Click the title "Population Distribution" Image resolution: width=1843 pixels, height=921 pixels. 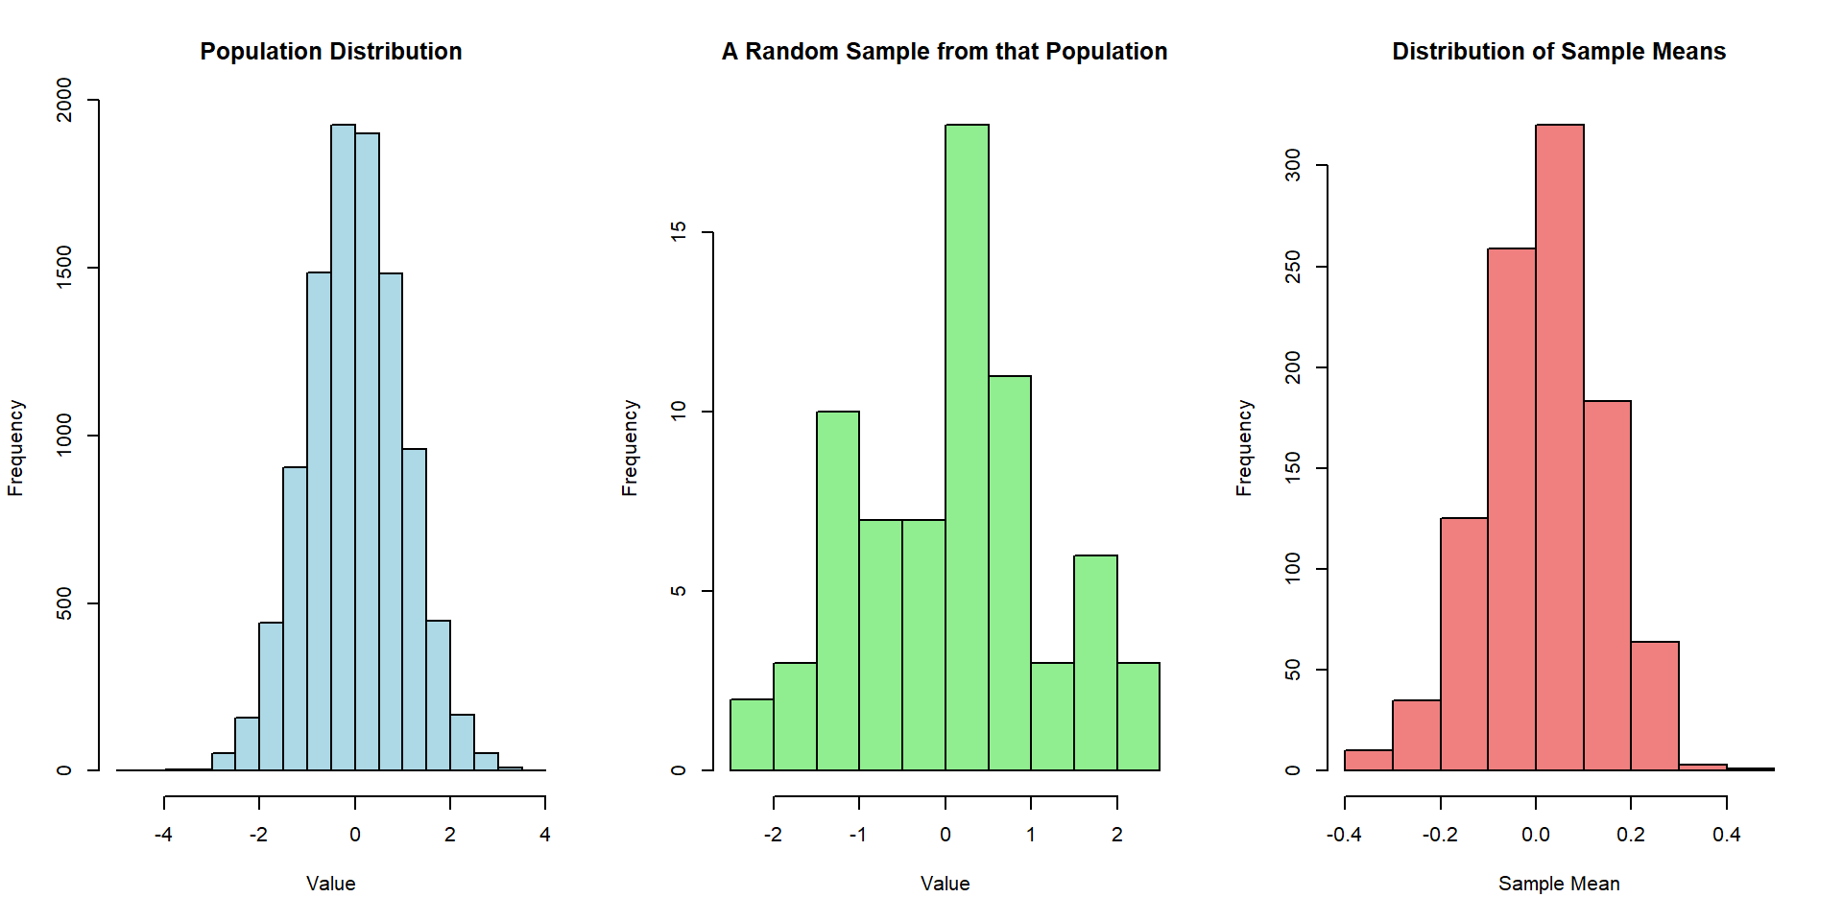(330, 51)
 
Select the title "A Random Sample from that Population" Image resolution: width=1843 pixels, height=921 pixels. (945, 51)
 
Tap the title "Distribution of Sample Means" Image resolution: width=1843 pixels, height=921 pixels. (1559, 51)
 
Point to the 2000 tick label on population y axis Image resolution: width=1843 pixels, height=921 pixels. (64, 100)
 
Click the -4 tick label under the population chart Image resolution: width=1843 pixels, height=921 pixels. (163, 835)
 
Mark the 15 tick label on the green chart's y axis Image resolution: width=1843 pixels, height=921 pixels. (679, 232)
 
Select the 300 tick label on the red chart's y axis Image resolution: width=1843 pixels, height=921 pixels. (1293, 165)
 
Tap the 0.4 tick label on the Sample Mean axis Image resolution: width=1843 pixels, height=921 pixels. (1726, 835)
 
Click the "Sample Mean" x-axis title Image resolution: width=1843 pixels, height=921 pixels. (1559, 884)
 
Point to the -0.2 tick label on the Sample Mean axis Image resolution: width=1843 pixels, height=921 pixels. (1440, 835)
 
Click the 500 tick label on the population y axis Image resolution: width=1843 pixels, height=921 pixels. (64, 603)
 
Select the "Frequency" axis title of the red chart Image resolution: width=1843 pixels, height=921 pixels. (1244, 447)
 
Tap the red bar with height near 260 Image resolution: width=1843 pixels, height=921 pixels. (1511, 508)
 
